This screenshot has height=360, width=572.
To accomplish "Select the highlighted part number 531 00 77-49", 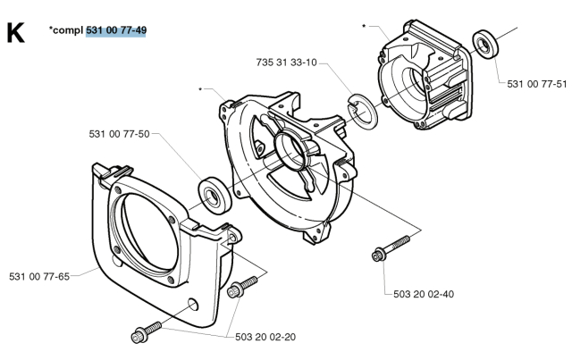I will pos(116,30).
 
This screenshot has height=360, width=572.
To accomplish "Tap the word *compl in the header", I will pos(65,30).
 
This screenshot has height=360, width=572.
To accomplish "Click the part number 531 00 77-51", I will pos(536,84).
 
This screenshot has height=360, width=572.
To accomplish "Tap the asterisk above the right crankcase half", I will pos(364,27).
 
